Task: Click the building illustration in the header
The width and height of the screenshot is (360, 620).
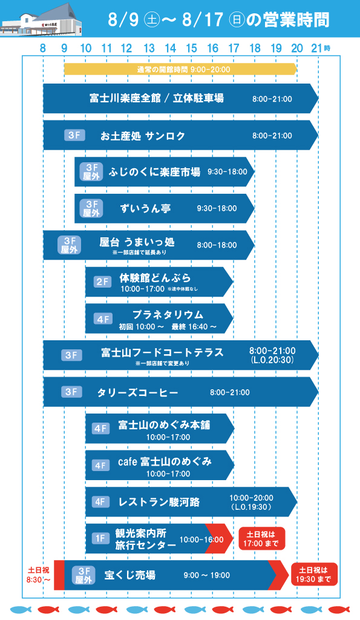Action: pos(42,20)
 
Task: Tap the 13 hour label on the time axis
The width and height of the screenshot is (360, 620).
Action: pos(149,48)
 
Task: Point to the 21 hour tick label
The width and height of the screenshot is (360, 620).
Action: pos(317,48)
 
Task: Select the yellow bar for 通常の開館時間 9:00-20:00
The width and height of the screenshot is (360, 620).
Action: pos(180,70)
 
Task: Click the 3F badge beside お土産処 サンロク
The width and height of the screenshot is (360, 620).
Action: pos(74,135)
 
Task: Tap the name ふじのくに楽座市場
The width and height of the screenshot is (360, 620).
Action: pos(154,172)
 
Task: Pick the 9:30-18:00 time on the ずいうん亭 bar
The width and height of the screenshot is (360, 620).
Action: pos(217,208)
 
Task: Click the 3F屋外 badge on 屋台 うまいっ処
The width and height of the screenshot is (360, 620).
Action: pos(70,245)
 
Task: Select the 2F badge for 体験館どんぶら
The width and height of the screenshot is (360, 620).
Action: pos(103,282)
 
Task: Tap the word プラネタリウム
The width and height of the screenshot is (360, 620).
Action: pos(168,314)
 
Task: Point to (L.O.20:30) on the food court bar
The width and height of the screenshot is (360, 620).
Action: pos(272,360)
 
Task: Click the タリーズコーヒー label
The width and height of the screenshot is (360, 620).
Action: pos(137,392)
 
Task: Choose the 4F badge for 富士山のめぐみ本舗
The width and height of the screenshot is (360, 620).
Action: pos(101,428)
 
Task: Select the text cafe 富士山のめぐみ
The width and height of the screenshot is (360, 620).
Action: pos(165,461)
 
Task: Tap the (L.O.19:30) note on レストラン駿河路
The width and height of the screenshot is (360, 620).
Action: pos(250,507)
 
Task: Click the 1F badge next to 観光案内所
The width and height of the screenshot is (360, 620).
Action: pos(100,538)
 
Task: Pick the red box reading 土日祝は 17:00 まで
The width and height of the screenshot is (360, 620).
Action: pos(261,538)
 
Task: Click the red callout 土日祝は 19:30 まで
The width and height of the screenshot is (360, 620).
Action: pos(315,575)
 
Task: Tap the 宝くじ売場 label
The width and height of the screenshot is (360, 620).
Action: pos(130,575)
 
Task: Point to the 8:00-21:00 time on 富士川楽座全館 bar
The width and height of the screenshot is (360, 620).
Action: pos(272,99)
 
